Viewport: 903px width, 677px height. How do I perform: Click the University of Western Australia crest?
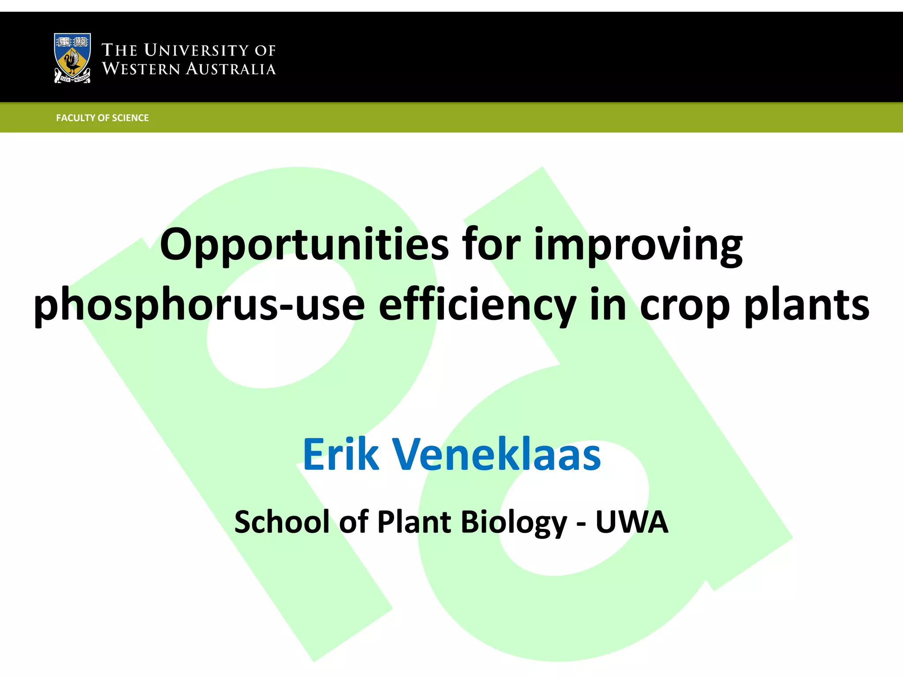(x=72, y=58)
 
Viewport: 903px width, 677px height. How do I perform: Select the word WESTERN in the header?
(x=141, y=69)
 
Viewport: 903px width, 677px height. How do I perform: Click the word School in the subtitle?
(x=282, y=522)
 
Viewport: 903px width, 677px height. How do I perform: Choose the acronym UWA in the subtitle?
(x=632, y=522)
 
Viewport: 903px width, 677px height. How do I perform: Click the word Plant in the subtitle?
(x=414, y=522)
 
